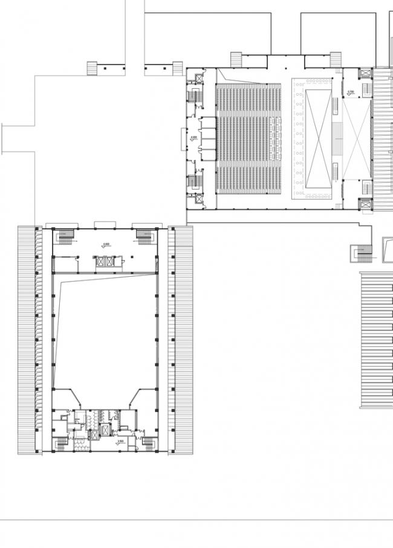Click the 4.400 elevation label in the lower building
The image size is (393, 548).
pos(106,245)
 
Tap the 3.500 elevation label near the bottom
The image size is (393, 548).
pos(120,442)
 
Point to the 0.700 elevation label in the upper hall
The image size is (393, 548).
pos(351,92)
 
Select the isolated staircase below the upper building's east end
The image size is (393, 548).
pos(360,254)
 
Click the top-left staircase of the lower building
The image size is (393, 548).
pos(65,233)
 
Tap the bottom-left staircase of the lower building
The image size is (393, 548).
pos(62,444)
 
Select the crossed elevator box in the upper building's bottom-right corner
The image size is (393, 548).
pos(366,205)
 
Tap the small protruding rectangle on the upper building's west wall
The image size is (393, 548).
pos(184,139)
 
